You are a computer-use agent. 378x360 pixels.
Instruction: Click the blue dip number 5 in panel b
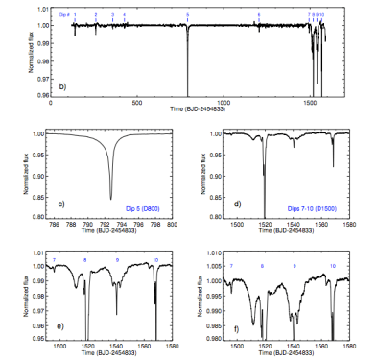point(187,16)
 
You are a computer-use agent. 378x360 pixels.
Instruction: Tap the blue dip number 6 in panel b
point(258,16)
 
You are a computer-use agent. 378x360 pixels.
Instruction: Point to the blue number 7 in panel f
point(230,265)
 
